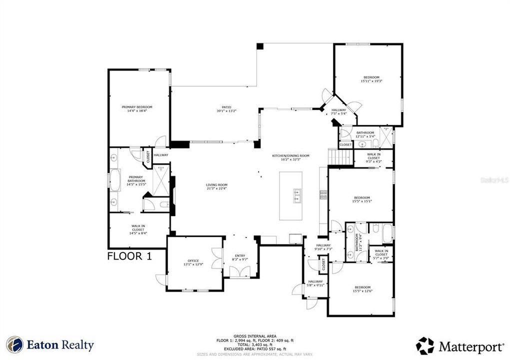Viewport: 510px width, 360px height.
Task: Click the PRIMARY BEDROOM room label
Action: [137, 109]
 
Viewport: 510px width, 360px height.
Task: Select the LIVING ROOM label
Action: [217, 186]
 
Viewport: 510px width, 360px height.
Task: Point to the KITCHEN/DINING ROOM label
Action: [290, 157]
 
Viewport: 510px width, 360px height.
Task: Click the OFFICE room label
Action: [193, 262]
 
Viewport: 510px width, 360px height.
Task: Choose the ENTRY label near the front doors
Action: [239, 258]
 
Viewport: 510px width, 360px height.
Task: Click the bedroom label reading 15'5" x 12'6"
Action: [362, 289]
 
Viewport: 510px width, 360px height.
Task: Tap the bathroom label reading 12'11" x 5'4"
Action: [365, 134]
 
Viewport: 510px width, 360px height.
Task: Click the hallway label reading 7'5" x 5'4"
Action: [338, 111]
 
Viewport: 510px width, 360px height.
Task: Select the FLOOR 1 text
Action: [129, 256]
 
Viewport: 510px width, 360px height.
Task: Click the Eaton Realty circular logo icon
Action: [15, 345]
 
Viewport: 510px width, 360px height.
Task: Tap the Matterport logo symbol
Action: [425, 345]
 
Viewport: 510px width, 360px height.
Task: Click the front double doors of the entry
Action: [239, 272]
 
